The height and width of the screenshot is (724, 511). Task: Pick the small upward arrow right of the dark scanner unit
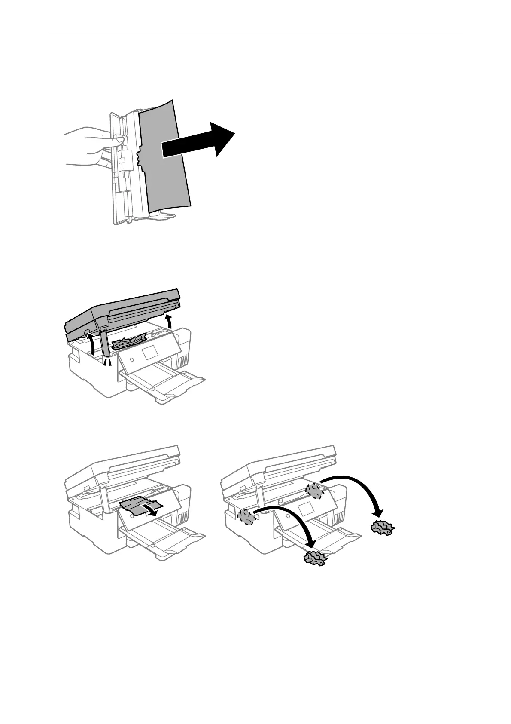click(x=170, y=322)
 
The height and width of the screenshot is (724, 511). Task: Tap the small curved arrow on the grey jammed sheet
click(x=152, y=510)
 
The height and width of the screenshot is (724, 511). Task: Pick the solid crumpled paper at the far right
click(x=383, y=527)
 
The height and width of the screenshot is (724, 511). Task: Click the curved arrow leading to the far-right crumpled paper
click(x=361, y=486)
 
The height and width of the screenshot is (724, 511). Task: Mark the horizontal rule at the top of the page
click(x=255, y=34)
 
